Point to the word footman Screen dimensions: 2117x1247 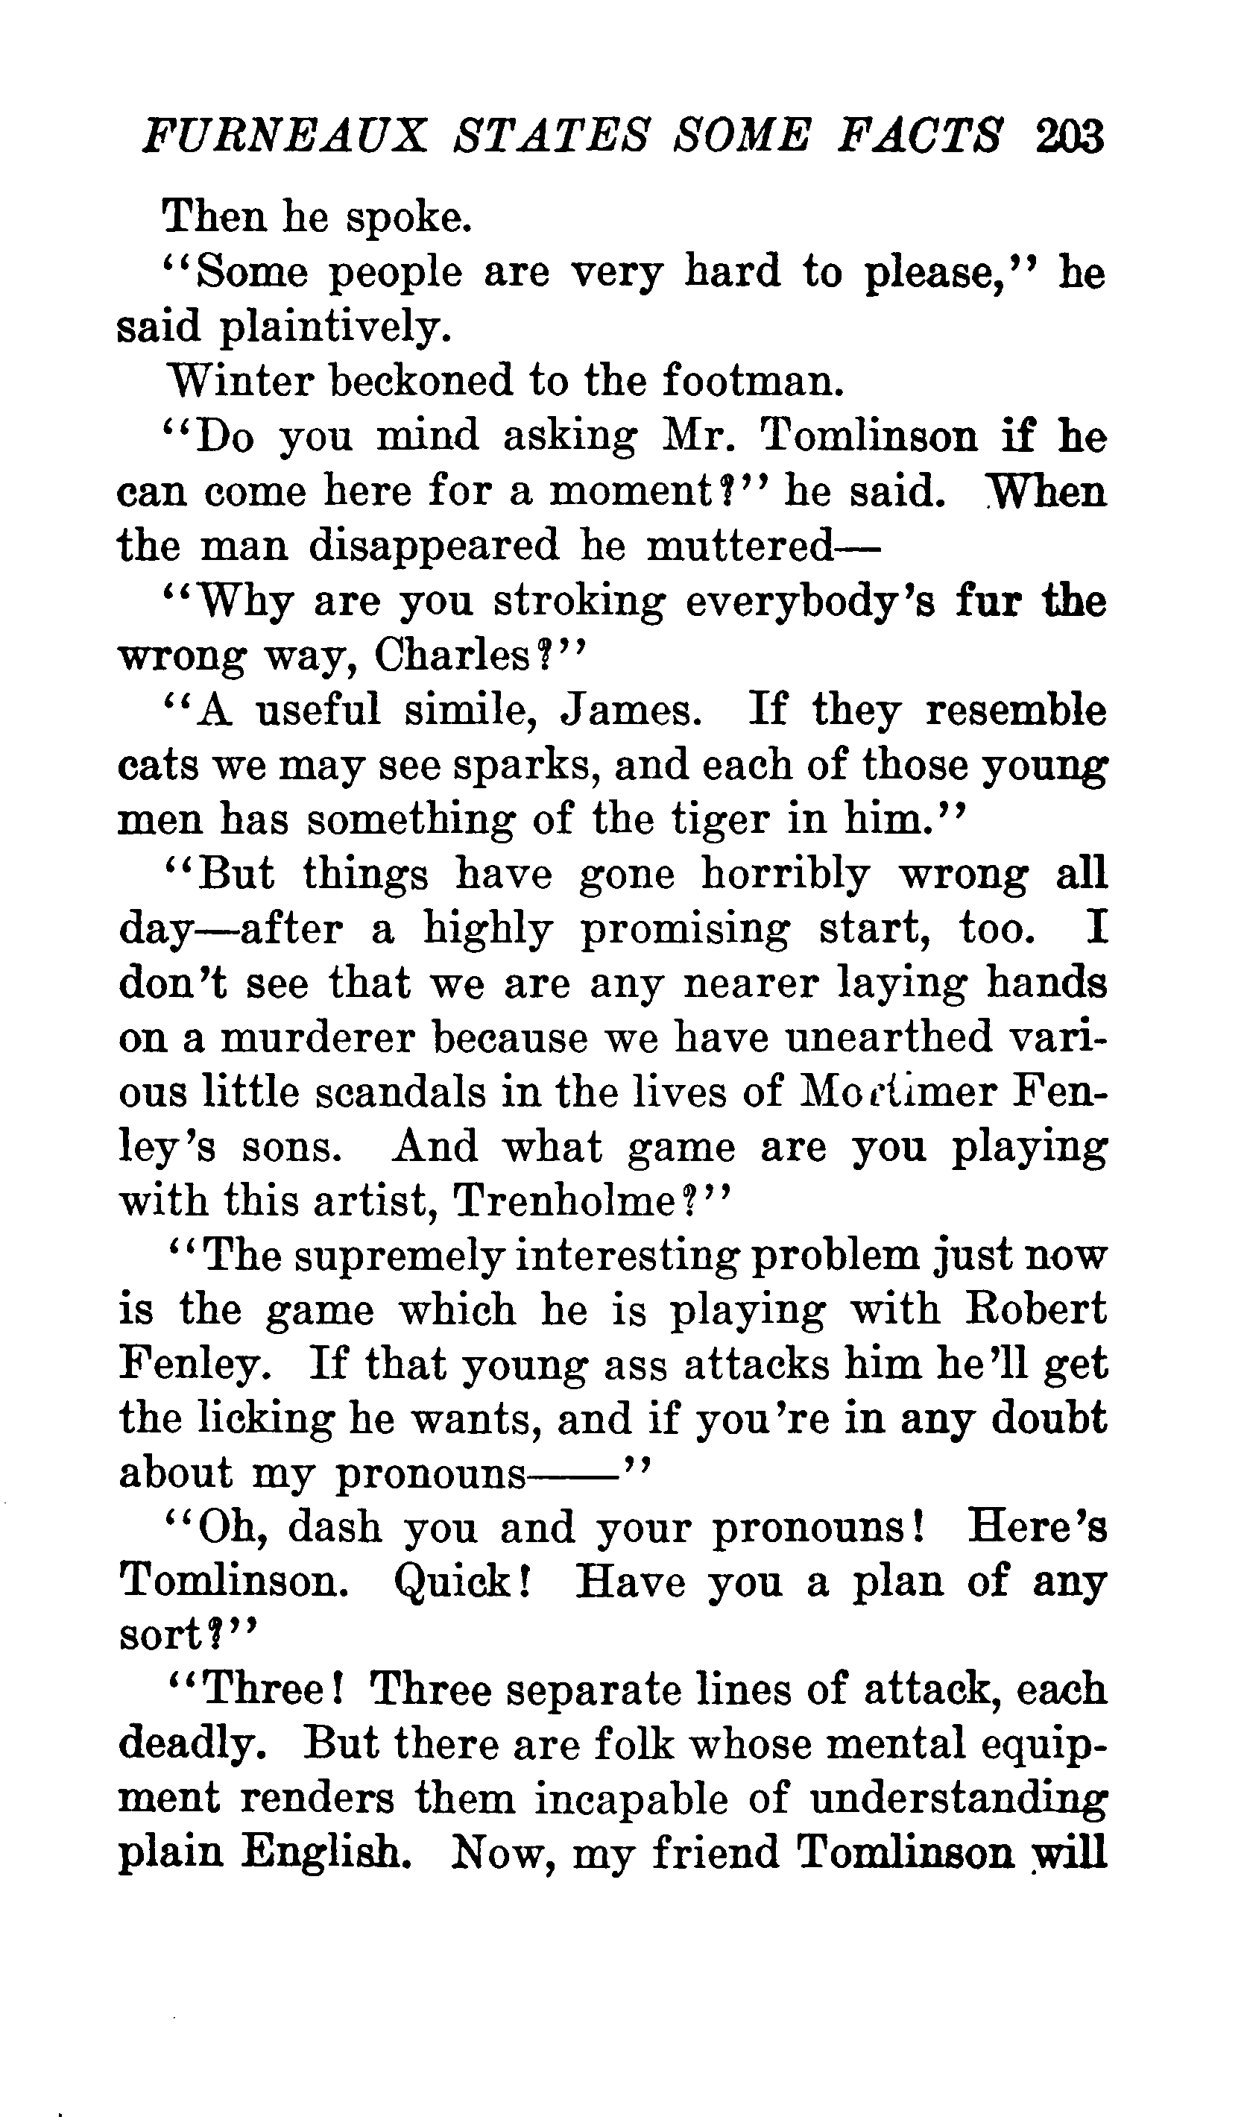point(752,382)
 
